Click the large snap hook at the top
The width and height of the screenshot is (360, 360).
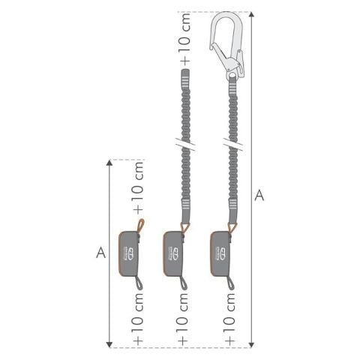pyautogui.click(x=226, y=41)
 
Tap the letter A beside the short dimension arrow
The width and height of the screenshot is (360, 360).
pyautogui.click(x=100, y=252)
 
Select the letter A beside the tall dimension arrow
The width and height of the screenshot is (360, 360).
pyautogui.click(x=259, y=196)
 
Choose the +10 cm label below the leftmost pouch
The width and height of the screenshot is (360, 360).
pyautogui.click(x=138, y=319)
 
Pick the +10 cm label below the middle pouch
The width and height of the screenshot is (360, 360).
pyautogui.click(x=184, y=319)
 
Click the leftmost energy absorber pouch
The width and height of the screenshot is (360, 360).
pyautogui.click(x=130, y=253)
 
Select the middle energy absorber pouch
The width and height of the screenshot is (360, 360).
pyautogui.click(x=174, y=253)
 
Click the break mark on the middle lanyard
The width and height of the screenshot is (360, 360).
pyautogui.click(x=184, y=141)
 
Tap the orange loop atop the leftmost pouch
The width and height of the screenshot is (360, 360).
pyautogui.click(x=140, y=226)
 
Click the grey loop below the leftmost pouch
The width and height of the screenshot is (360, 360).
pyautogui.click(x=139, y=282)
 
